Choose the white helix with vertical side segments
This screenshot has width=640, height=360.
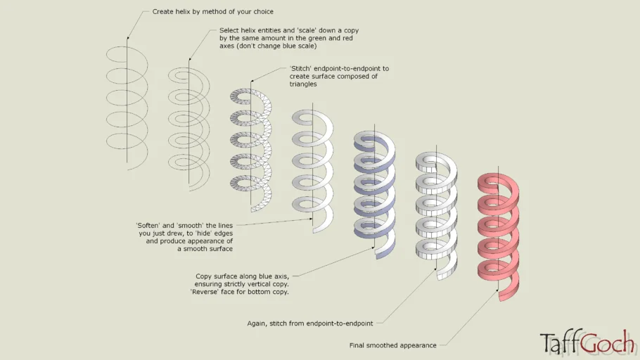[x=436, y=211]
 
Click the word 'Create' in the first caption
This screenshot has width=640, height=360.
[x=163, y=12]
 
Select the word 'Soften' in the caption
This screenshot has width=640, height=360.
[x=148, y=225]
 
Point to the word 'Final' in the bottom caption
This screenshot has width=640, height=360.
[x=359, y=345]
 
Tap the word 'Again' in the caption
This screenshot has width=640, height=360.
[x=270, y=323]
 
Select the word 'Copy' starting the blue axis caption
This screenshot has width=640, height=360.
[x=204, y=276]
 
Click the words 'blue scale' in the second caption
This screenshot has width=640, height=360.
[x=299, y=46]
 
